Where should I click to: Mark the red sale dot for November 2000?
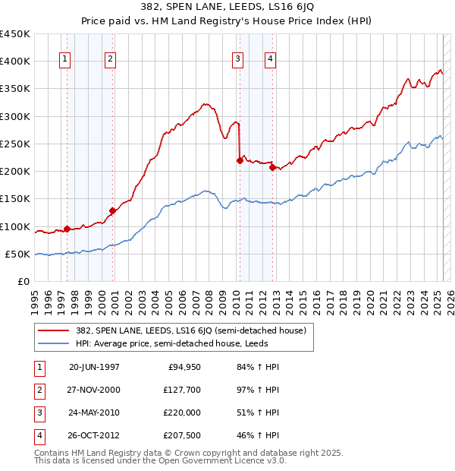coord(112,210)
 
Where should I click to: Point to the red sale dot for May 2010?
coord(240,160)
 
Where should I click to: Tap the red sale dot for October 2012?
coord(272,167)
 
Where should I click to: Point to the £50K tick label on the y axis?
coord(18,254)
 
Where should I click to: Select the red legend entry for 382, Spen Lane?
coord(190,330)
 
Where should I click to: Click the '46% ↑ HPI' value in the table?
coord(257,436)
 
